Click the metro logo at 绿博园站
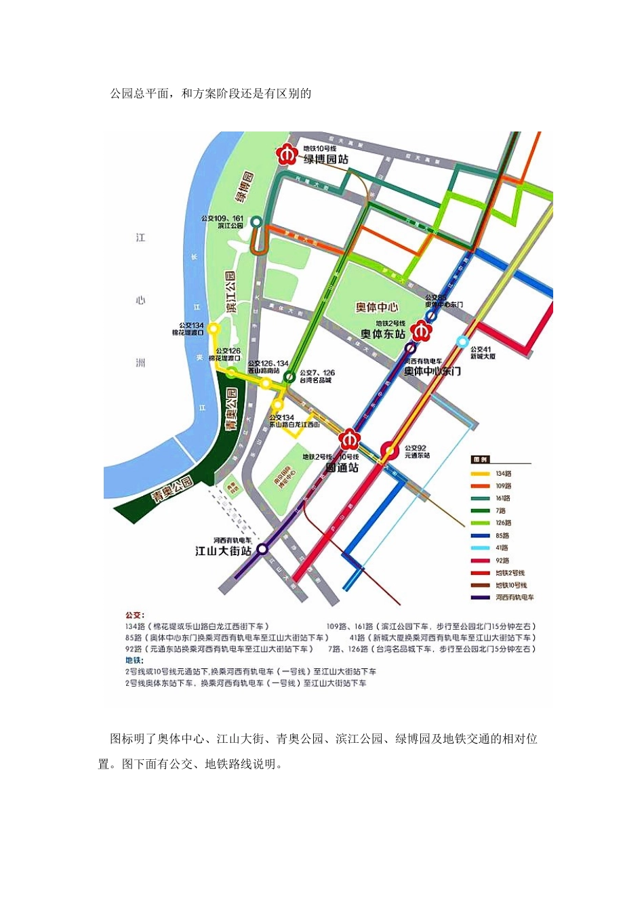(287, 156)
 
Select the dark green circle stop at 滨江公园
(256, 222)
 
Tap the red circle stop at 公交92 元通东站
(390, 449)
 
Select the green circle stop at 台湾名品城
(289, 376)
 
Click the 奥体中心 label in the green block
(378, 307)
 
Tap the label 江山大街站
(223, 551)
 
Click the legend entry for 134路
(502, 474)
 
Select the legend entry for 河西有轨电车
(514, 597)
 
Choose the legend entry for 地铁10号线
(510, 585)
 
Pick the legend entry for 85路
(502, 535)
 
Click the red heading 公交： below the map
(134, 615)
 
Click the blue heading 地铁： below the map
(133, 660)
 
